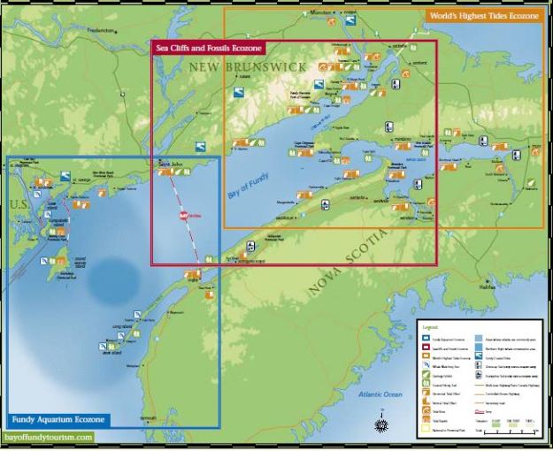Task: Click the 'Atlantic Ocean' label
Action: coord(381,394)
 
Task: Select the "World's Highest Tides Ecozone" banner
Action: coord(483,15)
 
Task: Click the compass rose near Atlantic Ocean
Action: coord(381,425)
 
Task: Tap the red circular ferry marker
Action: coord(185,215)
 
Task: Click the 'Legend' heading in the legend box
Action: coord(431,326)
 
